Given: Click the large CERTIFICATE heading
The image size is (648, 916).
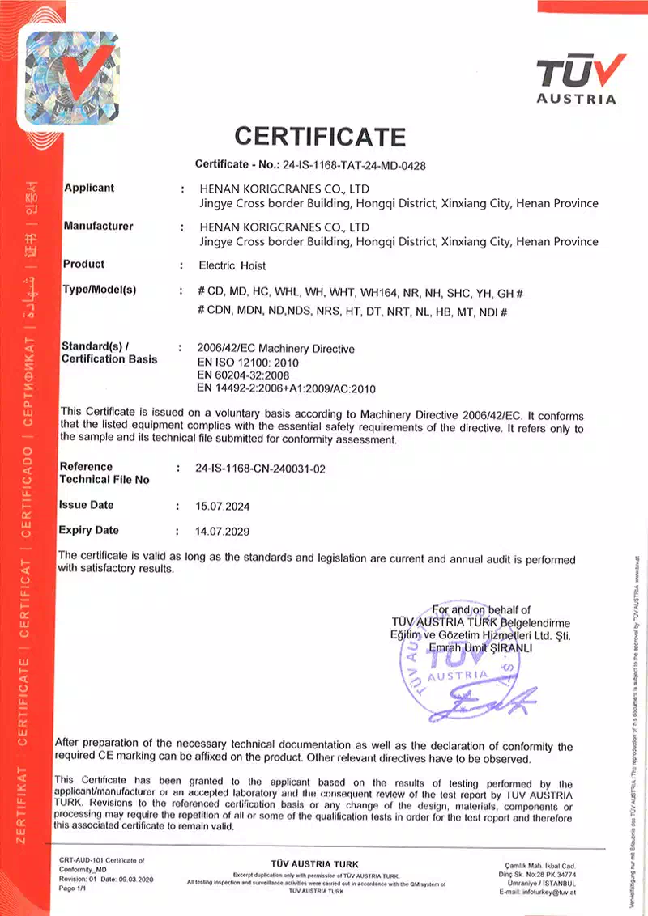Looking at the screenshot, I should tap(319, 136).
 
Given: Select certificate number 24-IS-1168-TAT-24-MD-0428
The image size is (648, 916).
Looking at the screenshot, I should tap(353, 165).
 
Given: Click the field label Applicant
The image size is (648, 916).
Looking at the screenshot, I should tap(89, 188).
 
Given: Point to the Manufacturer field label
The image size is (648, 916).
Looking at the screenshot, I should tap(98, 226).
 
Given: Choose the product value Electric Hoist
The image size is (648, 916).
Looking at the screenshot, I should tap(232, 265).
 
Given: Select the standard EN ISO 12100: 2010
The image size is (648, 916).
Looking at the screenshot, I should tap(247, 363).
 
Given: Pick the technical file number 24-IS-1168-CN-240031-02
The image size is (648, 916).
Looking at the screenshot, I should tap(261, 469).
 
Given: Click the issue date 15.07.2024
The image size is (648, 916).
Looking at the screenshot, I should tap(223, 507).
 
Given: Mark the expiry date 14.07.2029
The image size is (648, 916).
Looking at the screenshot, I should tap(223, 532).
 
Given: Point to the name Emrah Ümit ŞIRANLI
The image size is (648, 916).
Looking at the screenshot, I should tap(480, 649).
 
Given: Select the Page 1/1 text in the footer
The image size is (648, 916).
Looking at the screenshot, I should tap(73, 888).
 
